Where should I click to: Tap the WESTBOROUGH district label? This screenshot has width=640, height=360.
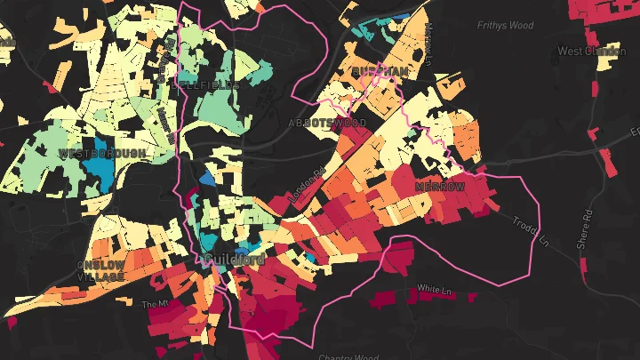point(101,154)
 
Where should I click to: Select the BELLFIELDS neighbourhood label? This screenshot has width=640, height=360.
point(210,85)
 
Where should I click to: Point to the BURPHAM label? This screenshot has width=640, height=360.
point(380,70)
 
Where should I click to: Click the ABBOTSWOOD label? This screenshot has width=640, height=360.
point(327,121)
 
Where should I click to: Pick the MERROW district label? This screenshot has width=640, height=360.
point(440,187)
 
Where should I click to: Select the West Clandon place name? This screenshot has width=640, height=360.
point(591,52)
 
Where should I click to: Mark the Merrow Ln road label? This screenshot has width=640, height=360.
point(428,44)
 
